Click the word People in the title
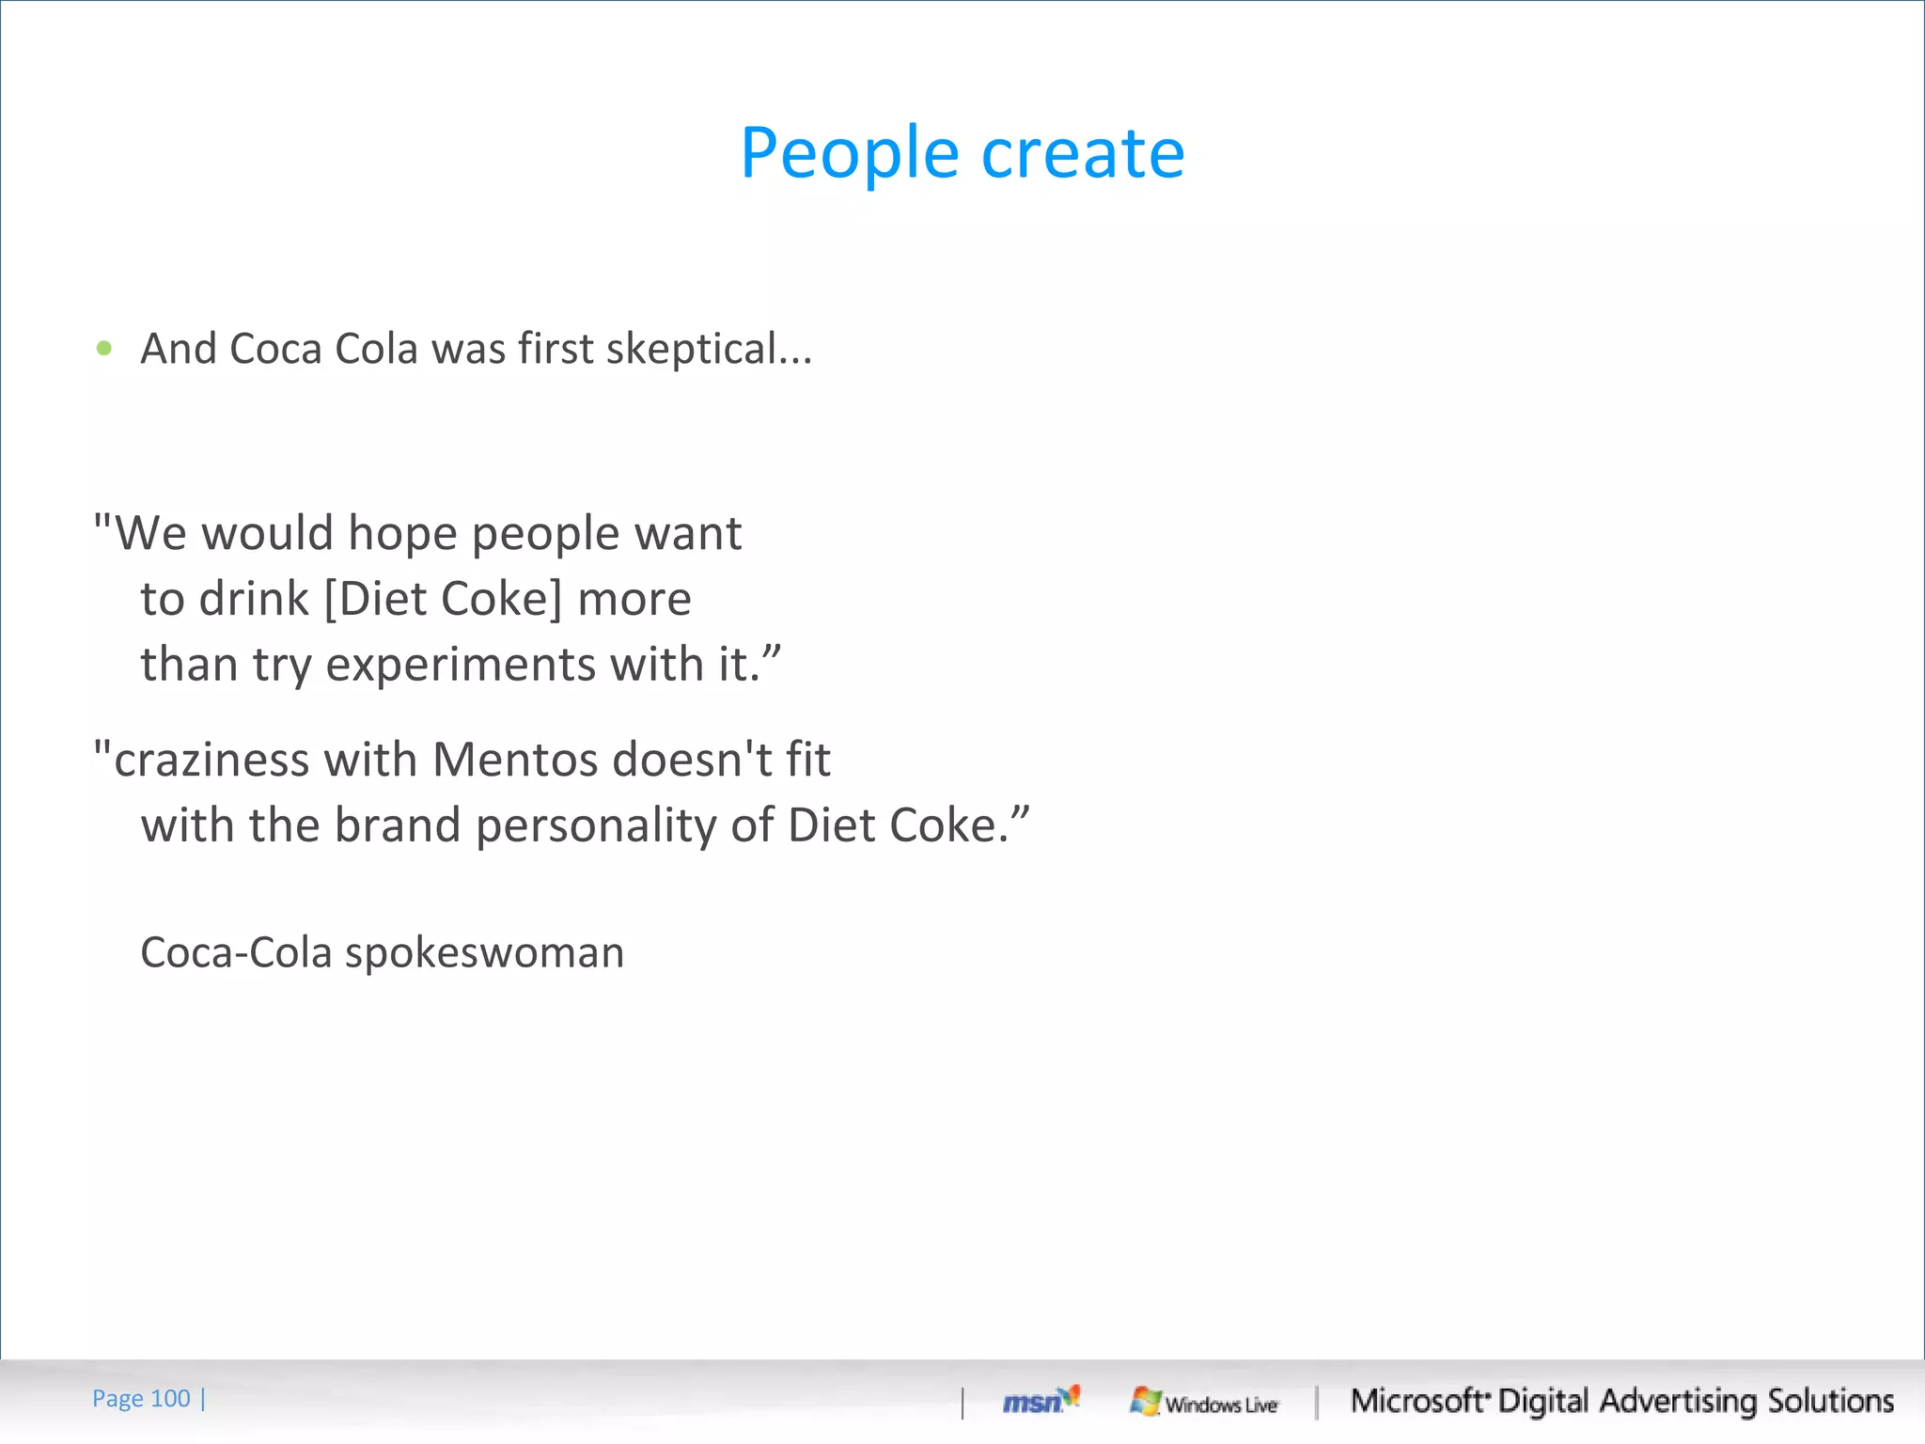(x=849, y=153)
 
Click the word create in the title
(x=1083, y=153)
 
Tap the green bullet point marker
(x=104, y=349)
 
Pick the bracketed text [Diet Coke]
(x=443, y=599)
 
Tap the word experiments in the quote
(x=461, y=666)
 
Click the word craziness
(x=211, y=760)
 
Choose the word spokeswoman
(x=484, y=953)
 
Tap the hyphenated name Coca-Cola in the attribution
(x=236, y=952)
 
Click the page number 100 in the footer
(x=170, y=1399)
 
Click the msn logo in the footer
(x=1040, y=1401)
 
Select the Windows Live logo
(x=1204, y=1403)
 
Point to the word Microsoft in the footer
(x=1417, y=1401)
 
